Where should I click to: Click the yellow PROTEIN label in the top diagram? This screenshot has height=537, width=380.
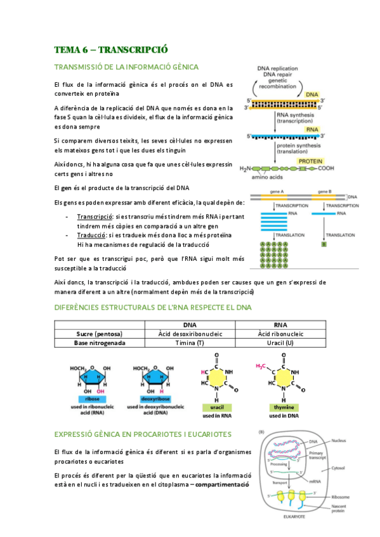tap(313, 161)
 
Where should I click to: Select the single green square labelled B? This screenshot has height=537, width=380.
tap(324, 244)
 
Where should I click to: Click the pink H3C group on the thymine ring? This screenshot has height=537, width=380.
tap(261, 366)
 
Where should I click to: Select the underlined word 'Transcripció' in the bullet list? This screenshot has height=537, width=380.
tap(95, 217)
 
